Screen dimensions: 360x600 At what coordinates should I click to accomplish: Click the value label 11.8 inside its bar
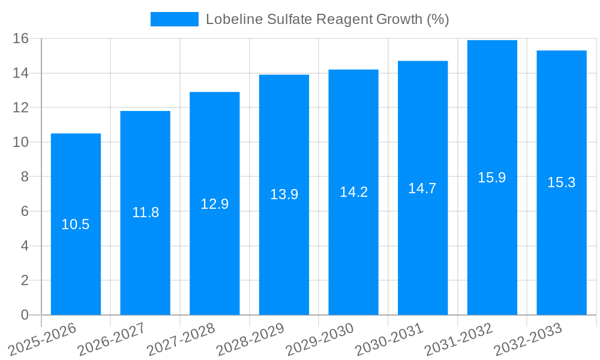point(145,212)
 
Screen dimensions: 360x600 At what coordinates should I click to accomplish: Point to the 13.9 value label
point(284,194)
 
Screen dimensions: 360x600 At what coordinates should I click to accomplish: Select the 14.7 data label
point(422,188)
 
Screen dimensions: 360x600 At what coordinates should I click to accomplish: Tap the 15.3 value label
point(561,183)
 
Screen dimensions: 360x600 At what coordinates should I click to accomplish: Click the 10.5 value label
point(76,224)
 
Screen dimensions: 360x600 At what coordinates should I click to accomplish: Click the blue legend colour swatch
point(174,19)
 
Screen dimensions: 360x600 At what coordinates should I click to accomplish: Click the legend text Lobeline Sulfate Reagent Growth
point(327,19)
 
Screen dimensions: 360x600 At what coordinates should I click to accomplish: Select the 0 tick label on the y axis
point(25,315)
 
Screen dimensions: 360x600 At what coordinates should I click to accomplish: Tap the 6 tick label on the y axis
point(25,212)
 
